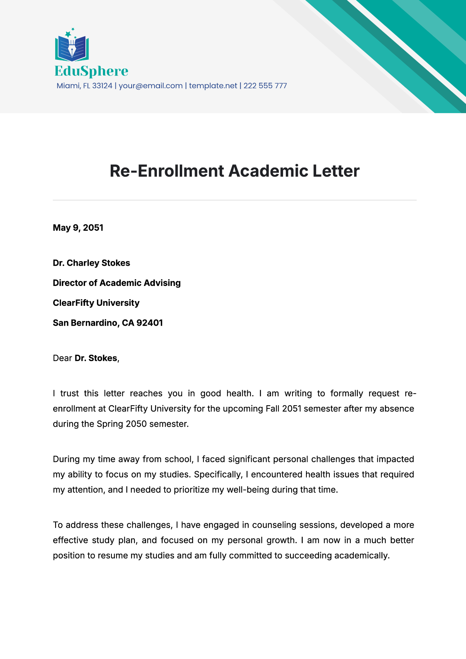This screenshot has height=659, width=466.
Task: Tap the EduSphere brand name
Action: (91, 71)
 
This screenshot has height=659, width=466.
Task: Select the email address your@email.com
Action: (151, 86)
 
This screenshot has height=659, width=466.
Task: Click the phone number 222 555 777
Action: (265, 86)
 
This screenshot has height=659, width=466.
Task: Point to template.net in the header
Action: (213, 86)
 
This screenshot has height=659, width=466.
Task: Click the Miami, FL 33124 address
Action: (84, 86)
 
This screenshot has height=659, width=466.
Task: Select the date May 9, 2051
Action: (78, 228)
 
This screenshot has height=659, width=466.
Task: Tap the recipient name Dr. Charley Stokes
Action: (91, 263)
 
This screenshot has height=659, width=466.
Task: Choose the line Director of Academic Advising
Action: (116, 283)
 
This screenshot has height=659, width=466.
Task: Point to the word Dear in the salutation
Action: (62, 358)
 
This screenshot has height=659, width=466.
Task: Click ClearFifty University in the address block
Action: (96, 303)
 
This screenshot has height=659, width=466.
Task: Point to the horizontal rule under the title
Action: (235, 200)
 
